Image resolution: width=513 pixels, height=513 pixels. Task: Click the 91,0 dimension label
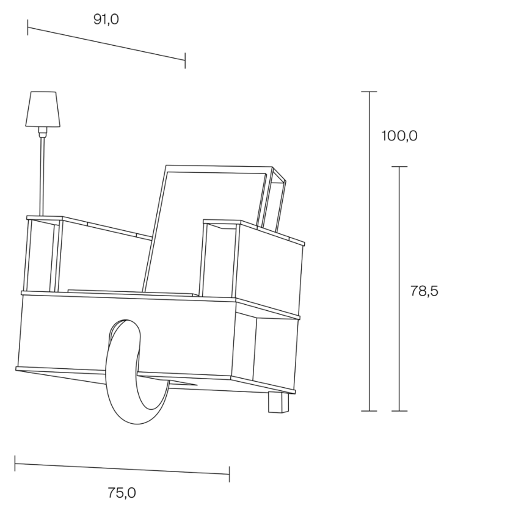106,20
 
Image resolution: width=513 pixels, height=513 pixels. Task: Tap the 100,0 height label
399,136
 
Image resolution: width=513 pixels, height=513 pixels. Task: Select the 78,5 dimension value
424,291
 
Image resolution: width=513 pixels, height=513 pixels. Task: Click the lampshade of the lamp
43,109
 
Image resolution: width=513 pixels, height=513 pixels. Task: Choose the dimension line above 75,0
122,468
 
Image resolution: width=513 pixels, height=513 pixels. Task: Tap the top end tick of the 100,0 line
369,92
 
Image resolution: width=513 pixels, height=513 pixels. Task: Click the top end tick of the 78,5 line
399,167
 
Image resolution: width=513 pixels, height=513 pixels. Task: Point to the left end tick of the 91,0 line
28,27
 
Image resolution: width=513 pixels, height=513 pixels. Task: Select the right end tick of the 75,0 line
229,473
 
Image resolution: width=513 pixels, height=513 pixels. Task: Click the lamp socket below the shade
42,131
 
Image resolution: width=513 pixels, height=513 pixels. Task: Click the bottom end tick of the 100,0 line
369,411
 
